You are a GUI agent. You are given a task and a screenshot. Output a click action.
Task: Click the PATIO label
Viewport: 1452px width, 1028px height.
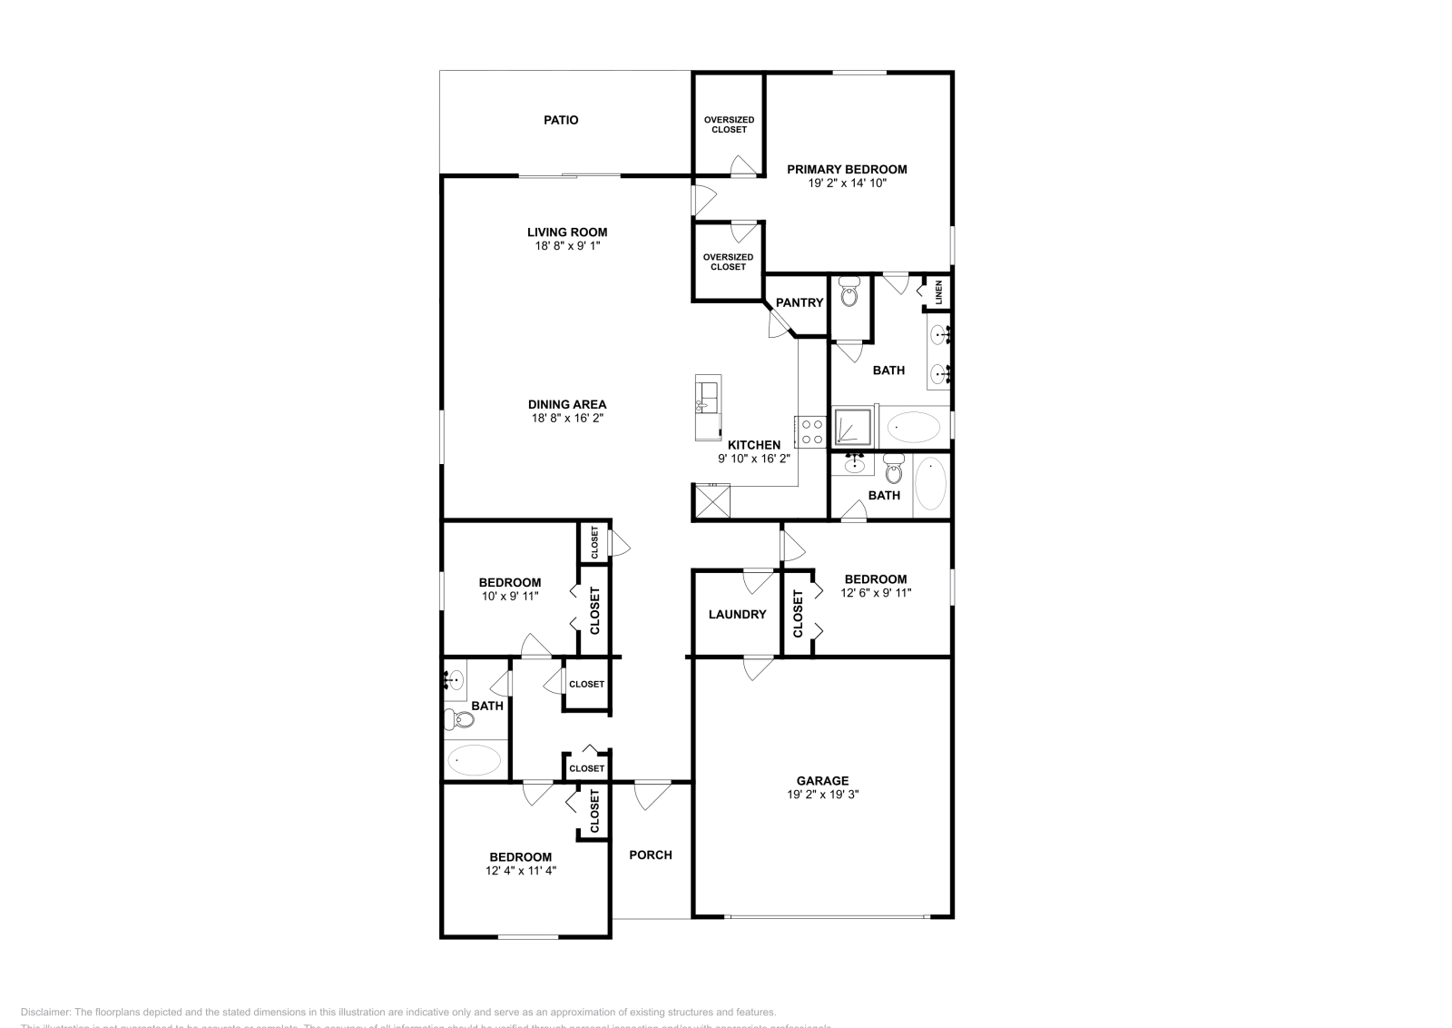point(561,120)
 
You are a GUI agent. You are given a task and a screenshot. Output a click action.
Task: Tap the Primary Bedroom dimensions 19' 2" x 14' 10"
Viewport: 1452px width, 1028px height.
point(847,183)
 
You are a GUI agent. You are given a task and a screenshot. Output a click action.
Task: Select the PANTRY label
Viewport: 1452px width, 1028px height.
point(799,303)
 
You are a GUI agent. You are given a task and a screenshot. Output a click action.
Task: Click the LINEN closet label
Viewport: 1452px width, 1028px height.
point(939,292)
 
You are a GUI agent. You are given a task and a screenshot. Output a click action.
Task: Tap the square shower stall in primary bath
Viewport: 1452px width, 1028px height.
point(853,427)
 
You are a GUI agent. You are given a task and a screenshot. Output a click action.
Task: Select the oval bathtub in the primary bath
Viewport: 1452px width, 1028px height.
point(913,425)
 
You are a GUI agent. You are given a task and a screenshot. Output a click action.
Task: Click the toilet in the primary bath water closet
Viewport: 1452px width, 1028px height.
point(849,294)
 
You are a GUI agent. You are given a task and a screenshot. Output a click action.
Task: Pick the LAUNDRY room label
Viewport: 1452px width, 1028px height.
point(737,615)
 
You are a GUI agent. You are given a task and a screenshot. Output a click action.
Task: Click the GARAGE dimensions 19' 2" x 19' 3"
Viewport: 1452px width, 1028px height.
point(822,794)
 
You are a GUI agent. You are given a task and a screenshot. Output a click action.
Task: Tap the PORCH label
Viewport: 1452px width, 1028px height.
point(651,855)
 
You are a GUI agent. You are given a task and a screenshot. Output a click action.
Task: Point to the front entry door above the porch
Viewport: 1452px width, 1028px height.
point(652,794)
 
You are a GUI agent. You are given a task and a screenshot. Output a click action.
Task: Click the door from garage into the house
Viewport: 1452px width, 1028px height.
point(758,667)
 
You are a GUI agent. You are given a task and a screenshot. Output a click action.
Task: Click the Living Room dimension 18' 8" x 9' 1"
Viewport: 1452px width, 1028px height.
point(567,246)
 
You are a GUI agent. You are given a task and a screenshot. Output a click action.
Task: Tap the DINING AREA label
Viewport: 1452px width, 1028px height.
point(567,405)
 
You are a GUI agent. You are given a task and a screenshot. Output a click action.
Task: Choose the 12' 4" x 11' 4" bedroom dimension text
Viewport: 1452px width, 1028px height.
point(520,870)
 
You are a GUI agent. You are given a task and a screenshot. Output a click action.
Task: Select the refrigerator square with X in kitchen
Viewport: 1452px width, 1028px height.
point(711,500)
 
